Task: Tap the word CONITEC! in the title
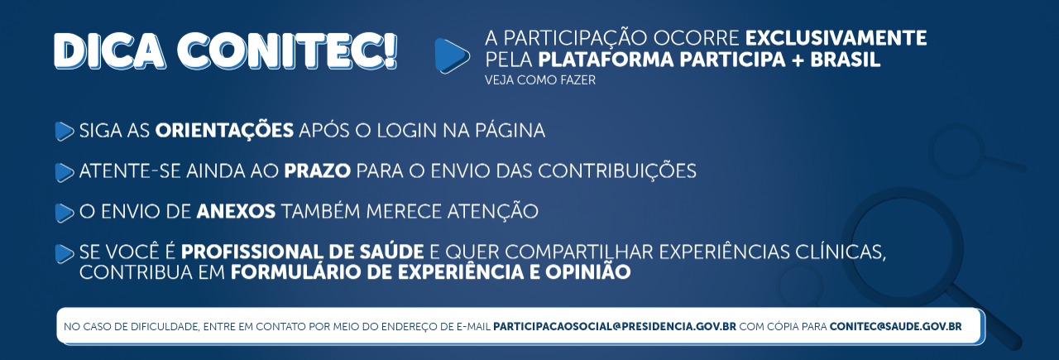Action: tap(290, 51)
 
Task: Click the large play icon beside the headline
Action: tap(452, 55)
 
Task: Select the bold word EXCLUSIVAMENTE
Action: tap(836, 38)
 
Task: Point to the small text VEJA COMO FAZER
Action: tap(540, 80)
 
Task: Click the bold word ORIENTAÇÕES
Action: tap(224, 131)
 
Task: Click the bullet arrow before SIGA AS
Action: tap(65, 131)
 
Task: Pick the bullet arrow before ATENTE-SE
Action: tap(65, 172)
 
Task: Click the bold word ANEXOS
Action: tap(236, 211)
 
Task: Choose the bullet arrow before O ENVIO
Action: tap(65, 213)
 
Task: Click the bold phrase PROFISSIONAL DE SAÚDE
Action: tap(303, 252)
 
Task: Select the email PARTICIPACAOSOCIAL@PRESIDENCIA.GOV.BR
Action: tap(615, 327)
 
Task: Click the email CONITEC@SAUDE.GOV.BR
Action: tap(895, 327)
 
